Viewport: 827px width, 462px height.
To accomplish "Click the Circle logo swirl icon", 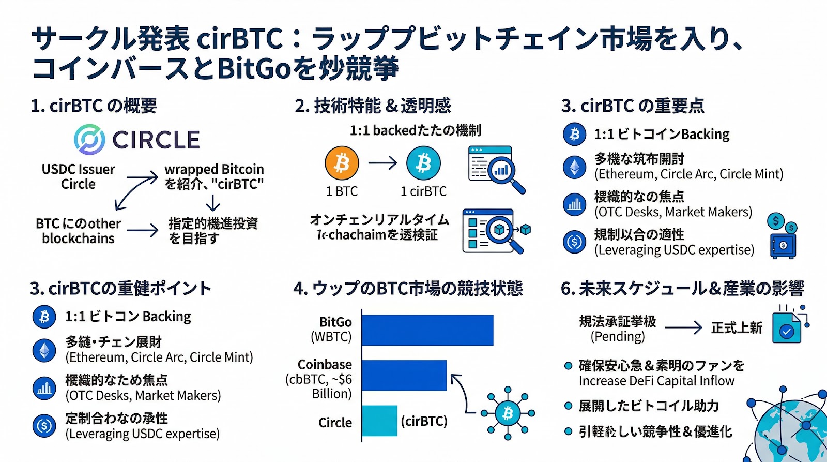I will [x=89, y=139].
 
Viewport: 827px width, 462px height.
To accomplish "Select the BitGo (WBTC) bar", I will [x=427, y=330].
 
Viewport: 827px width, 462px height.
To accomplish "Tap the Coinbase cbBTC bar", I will [x=404, y=375].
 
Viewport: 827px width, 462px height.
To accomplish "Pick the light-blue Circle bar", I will [x=379, y=421].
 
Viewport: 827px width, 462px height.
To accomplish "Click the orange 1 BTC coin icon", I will [x=342, y=163].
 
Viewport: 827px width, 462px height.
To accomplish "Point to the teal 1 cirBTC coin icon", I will [x=423, y=163].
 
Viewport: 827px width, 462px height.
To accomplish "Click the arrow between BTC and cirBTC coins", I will [x=382, y=163].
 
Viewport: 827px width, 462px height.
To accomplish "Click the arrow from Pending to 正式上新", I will [x=683, y=327].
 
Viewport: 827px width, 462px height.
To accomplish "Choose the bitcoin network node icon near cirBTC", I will [x=508, y=413].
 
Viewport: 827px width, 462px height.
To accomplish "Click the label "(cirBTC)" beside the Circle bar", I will [x=424, y=421].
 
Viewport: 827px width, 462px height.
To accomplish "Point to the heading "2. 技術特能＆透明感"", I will [x=373, y=106].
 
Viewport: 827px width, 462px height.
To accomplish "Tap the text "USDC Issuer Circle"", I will [x=78, y=176].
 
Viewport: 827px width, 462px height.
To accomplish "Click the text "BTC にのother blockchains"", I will [x=78, y=231].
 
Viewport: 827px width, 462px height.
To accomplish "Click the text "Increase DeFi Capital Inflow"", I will [x=656, y=381].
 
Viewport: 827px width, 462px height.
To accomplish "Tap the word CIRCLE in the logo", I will [x=156, y=140].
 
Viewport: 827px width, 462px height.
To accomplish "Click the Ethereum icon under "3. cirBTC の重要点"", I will [x=574, y=167].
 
